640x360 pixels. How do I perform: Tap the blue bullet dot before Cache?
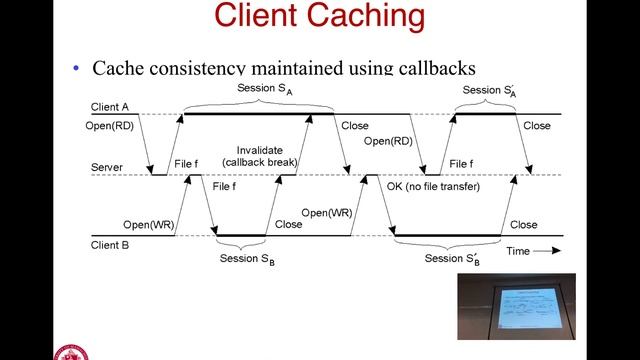[x=76, y=69]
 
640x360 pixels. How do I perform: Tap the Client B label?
[x=108, y=243]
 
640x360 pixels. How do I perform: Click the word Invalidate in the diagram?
[x=259, y=149]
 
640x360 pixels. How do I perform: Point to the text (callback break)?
[x=259, y=162]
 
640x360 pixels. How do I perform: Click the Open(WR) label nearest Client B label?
[x=147, y=225]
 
